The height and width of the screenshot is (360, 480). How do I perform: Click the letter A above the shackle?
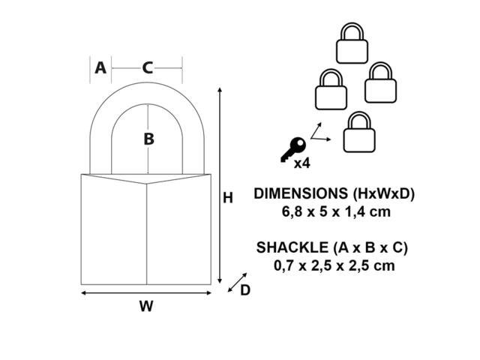click(x=100, y=67)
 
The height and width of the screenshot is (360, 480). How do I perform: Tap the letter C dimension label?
click(x=148, y=68)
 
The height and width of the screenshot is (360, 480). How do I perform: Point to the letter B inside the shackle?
click(x=148, y=139)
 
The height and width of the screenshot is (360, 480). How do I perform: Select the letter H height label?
click(x=228, y=198)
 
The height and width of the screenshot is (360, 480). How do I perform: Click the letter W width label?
click(x=146, y=306)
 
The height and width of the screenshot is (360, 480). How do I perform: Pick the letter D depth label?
click(x=245, y=290)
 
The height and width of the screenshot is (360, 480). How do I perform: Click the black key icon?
click(x=293, y=150)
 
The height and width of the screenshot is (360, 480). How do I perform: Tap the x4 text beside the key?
click(x=301, y=163)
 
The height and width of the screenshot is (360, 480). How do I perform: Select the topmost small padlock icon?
click(x=352, y=43)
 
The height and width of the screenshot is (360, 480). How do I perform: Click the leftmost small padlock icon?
click(x=331, y=89)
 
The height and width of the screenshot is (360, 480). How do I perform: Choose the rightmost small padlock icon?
click(x=380, y=82)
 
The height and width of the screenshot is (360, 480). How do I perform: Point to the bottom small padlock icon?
click(x=359, y=132)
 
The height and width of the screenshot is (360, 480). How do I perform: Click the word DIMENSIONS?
click(x=301, y=193)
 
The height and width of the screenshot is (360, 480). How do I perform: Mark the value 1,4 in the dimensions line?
click(x=356, y=211)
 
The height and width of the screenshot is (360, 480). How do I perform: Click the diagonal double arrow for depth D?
click(x=237, y=282)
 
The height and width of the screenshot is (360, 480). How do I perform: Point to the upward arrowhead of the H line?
click(x=220, y=89)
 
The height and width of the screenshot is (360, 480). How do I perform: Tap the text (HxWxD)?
click(x=384, y=193)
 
